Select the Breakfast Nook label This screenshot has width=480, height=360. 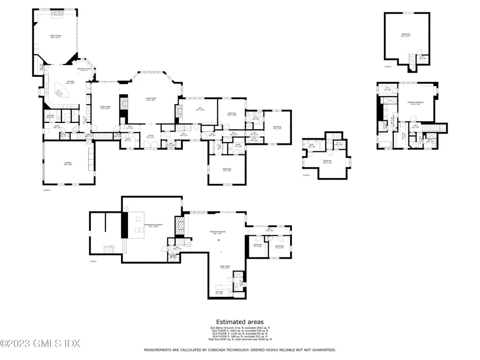click(82, 69)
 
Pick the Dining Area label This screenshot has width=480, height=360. click(105, 107)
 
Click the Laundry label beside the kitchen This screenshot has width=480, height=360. click(50, 116)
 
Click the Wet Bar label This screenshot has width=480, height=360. click(219, 292)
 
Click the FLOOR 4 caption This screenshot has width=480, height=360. click(388, 67)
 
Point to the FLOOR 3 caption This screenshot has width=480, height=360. click(306, 175)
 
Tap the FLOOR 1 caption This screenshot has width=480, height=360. click(93, 261)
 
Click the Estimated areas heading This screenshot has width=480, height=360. click(240, 322)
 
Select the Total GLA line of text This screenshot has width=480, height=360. click(240, 339)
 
